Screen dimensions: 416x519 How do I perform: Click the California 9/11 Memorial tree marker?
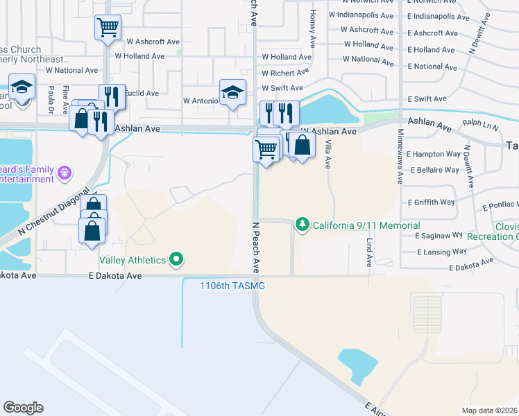pos(302,225)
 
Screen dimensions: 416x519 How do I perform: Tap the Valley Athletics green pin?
pos(176,260)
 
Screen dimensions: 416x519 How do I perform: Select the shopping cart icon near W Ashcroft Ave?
pos(108,28)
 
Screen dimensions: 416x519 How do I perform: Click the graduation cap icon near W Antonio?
pos(232,92)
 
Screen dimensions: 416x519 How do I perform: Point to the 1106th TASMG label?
pos(232,286)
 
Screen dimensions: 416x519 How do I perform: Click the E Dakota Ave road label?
pos(115,276)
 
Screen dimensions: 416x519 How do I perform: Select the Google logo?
pos(24,407)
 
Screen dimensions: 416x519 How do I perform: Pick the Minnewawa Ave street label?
pos(400,157)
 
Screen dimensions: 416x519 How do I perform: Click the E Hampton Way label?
pos(434,154)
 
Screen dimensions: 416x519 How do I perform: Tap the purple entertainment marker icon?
pos(65,171)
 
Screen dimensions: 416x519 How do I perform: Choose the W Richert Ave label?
pos(285,73)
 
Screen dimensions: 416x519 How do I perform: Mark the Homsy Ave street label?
pos(314,23)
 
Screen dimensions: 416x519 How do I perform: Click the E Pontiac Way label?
pos(500,206)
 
